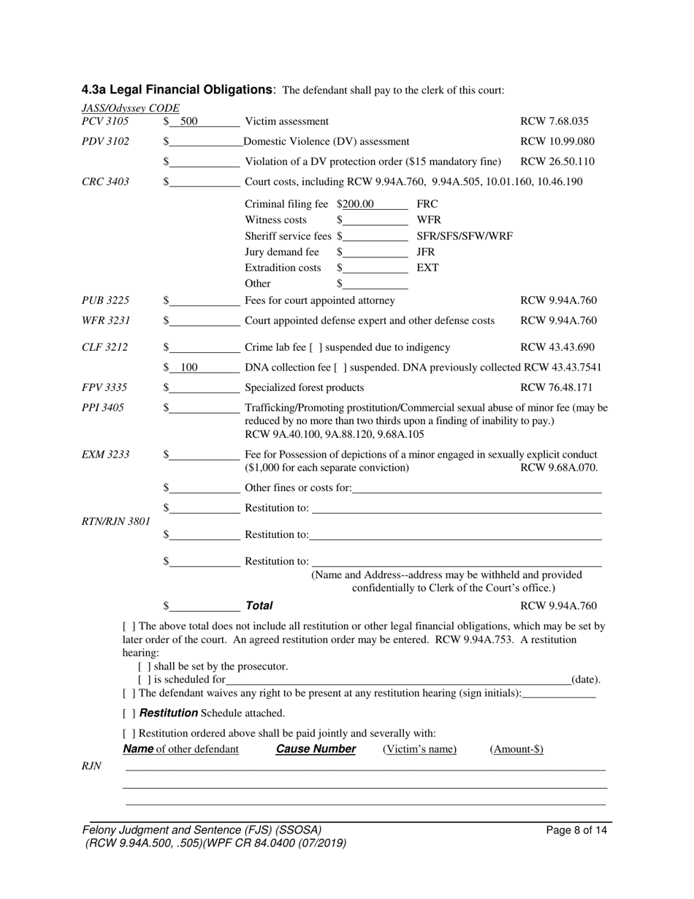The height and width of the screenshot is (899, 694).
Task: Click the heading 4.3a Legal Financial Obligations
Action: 178,90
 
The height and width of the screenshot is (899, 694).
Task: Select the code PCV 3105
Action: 105,121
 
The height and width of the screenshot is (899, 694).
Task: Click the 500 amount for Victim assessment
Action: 188,121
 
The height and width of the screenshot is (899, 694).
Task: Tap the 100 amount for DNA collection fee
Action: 188,368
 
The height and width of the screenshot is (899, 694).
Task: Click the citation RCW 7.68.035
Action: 554,121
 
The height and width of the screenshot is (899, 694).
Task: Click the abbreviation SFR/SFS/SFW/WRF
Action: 464,236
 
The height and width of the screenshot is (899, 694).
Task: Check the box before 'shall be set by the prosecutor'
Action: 142,667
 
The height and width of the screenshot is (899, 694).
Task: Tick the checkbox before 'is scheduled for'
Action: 142,680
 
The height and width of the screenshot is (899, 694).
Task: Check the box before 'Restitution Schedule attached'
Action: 129,713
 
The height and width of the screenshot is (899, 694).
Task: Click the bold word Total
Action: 259,605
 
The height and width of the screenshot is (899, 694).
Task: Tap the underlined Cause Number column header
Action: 316,749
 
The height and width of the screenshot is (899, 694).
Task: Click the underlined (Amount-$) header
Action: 516,749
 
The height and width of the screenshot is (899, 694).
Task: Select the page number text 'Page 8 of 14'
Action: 576,830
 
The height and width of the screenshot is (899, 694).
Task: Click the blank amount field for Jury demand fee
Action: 375,252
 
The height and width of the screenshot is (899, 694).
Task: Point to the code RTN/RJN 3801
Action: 116,521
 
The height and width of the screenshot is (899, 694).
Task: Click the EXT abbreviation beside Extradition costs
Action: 427,268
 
